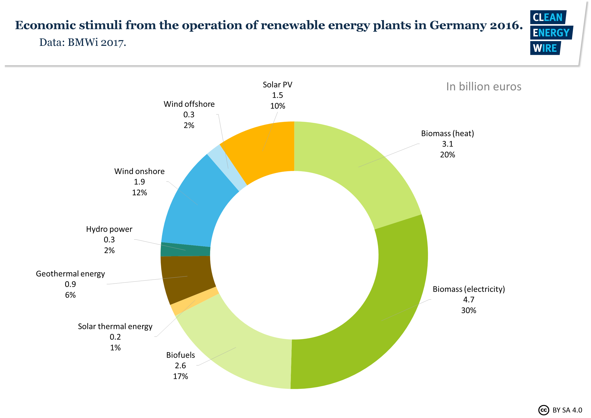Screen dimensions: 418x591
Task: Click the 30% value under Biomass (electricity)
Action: pos(469,310)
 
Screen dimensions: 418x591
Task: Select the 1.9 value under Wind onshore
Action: pos(139,182)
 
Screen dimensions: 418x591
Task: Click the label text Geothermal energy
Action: pos(70,274)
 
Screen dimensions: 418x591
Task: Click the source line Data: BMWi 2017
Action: pos(83,42)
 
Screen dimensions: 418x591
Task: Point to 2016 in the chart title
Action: pos(506,25)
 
